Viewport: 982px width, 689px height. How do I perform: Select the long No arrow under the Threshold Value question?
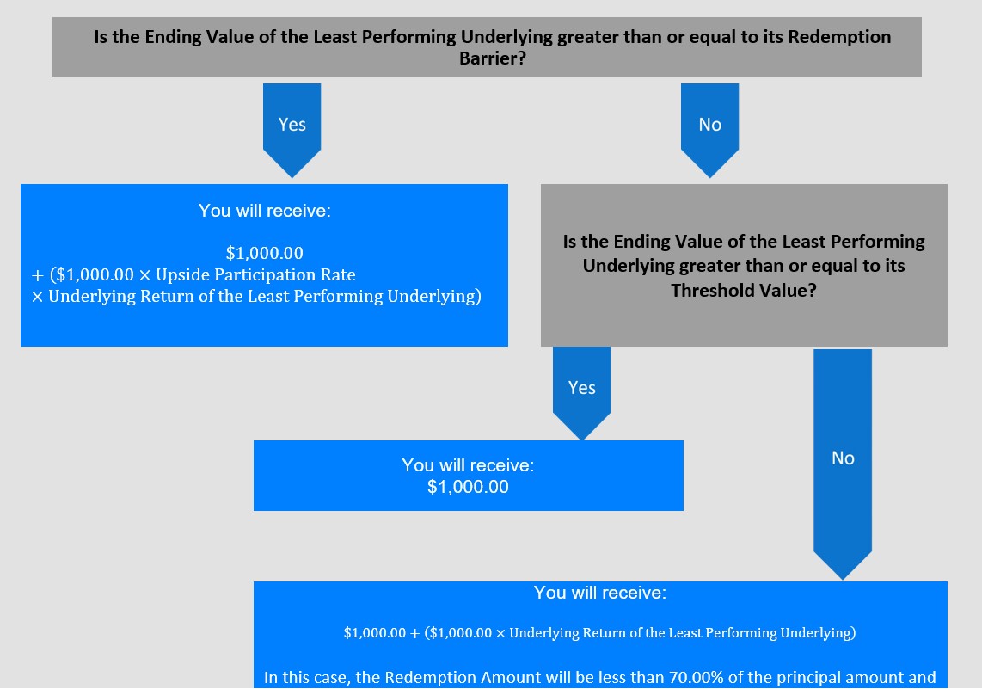click(x=843, y=464)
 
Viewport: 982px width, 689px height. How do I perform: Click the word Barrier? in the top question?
click(x=493, y=58)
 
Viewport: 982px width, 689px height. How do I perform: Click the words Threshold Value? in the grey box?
click(x=744, y=291)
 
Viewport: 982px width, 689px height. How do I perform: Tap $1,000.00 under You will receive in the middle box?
click(x=468, y=487)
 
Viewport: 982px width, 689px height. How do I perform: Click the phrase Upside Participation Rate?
click(x=255, y=274)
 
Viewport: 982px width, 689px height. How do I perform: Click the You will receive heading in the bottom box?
click(x=600, y=593)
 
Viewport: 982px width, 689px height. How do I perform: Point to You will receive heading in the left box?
click(x=264, y=211)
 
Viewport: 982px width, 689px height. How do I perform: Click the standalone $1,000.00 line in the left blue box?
click(x=264, y=253)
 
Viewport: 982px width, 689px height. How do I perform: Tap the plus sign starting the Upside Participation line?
click(x=38, y=275)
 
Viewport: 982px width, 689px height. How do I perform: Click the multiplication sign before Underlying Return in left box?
click(x=38, y=296)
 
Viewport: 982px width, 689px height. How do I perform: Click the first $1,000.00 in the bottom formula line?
click(x=375, y=632)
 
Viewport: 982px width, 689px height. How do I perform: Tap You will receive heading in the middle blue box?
click(x=468, y=464)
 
